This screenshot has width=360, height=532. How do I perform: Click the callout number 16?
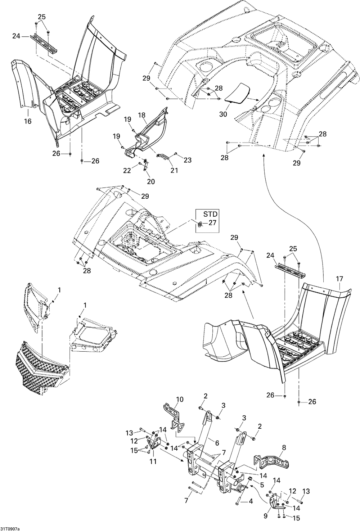[x=28, y=122]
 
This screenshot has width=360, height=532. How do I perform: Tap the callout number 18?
[x=142, y=115]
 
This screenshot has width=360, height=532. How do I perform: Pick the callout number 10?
[x=180, y=399]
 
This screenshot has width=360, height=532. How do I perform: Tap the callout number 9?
[x=266, y=515]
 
